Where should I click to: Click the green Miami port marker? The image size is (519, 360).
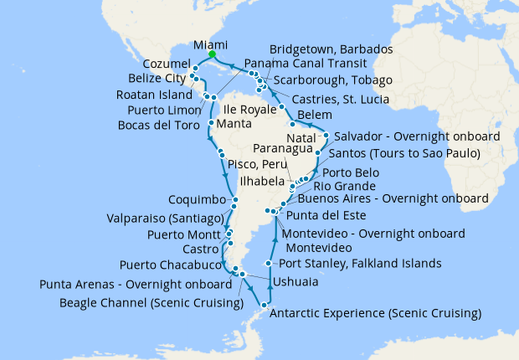pos(213,54)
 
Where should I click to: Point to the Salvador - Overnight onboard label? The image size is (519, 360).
pos(416,136)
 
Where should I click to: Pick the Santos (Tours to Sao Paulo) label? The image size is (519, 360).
pos(404,154)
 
